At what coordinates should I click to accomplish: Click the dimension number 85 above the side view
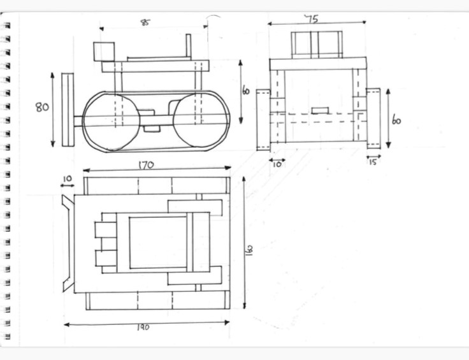click(146, 22)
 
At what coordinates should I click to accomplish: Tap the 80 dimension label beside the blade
click(43, 107)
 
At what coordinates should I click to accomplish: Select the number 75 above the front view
click(311, 18)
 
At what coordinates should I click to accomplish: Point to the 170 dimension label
click(146, 165)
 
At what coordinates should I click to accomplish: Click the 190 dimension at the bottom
click(143, 327)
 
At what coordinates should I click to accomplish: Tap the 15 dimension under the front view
click(373, 162)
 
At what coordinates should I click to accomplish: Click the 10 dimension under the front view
click(277, 164)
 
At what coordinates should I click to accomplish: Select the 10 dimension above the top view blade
click(68, 178)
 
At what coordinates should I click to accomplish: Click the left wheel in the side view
click(111, 120)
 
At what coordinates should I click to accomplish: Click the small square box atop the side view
click(103, 51)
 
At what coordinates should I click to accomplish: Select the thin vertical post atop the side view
click(189, 47)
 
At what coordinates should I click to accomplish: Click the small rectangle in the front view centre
click(320, 110)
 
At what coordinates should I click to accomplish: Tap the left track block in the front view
click(263, 120)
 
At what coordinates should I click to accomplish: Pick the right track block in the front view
click(373, 118)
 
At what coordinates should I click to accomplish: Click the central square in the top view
click(157, 243)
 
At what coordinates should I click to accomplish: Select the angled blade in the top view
click(67, 243)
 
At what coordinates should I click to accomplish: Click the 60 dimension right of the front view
click(397, 120)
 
